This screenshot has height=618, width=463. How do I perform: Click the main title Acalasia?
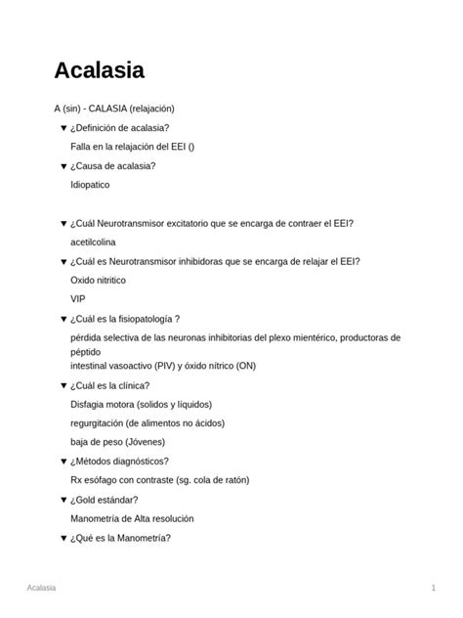(x=99, y=70)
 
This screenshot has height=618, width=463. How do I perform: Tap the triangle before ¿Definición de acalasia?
(x=63, y=128)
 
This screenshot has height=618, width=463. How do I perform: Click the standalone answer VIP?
(x=78, y=298)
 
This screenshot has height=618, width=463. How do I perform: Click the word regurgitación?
(x=101, y=422)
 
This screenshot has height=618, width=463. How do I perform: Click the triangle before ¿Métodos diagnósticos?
(x=63, y=461)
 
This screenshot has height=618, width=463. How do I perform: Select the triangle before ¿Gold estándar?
(x=63, y=500)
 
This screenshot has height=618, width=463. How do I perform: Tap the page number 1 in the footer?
(x=432, y=587)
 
